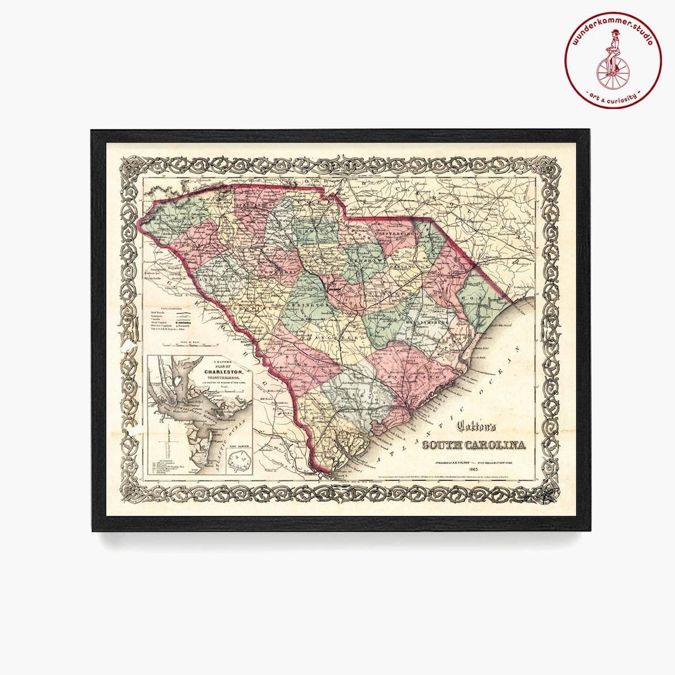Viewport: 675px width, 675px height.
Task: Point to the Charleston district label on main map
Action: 412,379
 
